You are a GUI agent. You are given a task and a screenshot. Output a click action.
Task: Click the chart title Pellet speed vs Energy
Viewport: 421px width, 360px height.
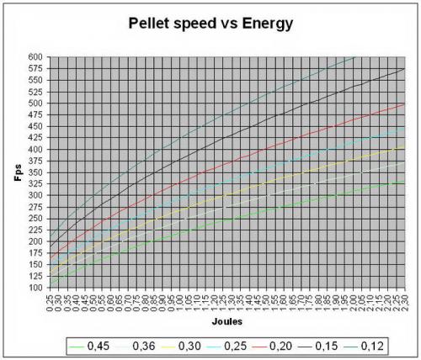coord(210,24)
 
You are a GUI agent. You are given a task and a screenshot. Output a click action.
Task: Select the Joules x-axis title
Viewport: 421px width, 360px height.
coord(226,321)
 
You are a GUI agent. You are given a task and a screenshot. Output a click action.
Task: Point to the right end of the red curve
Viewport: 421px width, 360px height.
coord(404,103)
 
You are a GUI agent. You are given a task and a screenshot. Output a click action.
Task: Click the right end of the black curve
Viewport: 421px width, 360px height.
coord(404,68)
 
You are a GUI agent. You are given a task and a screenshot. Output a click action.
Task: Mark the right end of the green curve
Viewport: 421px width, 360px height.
coord(404,182)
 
